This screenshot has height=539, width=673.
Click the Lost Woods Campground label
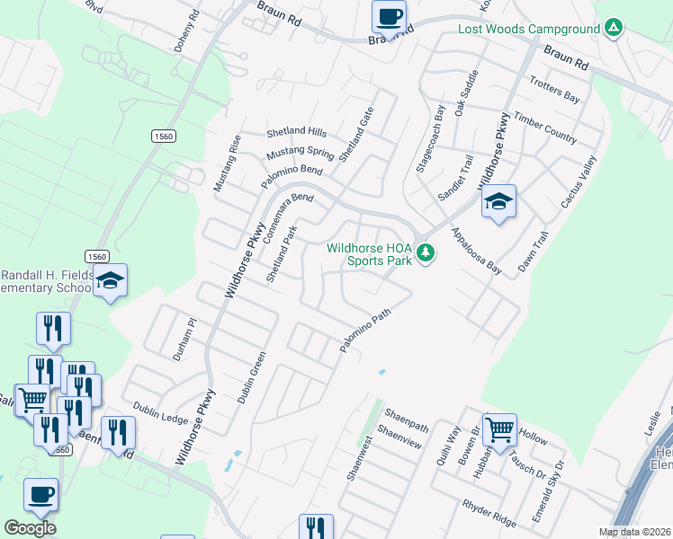click(x=528, y=29)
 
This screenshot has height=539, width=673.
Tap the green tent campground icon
click(x=613, y=29)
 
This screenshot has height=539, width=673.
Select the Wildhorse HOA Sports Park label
click(x=369, y=254)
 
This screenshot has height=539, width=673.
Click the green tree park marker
click(x=426, y=255)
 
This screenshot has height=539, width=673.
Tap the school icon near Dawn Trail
click(x=498, y=202)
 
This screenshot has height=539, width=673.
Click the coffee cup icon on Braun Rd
click(x=390, y=17)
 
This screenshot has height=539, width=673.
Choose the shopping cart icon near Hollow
click(x=499, y=429)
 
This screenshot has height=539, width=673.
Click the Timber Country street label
click(x=544, y=128)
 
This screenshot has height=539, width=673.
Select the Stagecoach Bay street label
click(x=431, y=138)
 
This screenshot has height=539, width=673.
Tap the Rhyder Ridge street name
click(x=489, y=514)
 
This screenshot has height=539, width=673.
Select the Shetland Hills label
click(x=296, y=131)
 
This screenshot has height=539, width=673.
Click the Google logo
click(x=30, y=527)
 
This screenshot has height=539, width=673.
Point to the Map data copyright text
click(x=635, y=532)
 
